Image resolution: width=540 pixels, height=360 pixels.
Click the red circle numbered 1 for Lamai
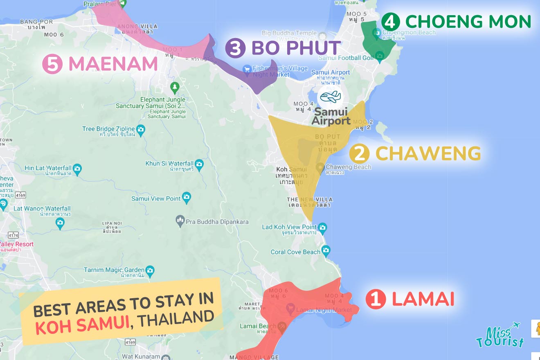[x=375, y=299]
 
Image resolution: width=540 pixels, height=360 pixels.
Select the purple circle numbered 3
[x=235, y=48]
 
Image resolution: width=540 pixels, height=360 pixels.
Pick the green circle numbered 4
[x=390, y=21]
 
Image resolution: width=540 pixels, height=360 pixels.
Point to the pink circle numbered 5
[x=52, y=64]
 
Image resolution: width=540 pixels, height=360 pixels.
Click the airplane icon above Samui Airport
[x=330, y=97]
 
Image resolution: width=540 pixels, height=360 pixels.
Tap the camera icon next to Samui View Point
[x=187, y=198]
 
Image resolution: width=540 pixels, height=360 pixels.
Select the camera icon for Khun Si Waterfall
[x=199, y=164]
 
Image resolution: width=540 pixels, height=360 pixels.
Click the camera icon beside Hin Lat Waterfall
[x=77, y=168]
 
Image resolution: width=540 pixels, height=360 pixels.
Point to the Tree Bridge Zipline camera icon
[x=141, y=129]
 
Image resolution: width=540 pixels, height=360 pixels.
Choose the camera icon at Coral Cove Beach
[x=326, y=250]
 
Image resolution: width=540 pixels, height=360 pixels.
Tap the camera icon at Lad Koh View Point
[x=322, y=227]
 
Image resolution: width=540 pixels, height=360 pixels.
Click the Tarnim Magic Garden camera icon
[x=150, y=270]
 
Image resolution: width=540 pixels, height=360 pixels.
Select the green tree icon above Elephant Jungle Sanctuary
[x=175, y=87]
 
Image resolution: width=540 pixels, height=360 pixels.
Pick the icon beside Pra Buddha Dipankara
[x=180, y=222]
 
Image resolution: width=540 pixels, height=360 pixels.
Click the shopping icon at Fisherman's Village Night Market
[x=247, y=69]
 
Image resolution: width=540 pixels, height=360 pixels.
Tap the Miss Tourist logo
[x=500, y=335]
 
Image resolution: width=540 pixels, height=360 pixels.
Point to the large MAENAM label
[x=112, y=64]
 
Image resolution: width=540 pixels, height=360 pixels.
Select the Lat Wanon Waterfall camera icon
[x=60, y=223]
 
